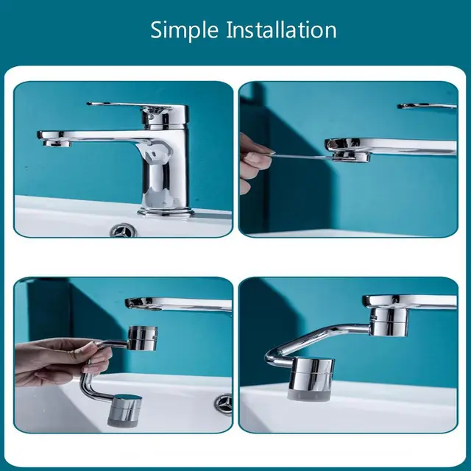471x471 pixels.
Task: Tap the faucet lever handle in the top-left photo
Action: coord(125,107)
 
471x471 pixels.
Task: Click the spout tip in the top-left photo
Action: coord(53,142)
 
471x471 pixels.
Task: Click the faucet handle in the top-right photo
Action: coord(427,107)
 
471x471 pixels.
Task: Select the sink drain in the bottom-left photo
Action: coord(222,403)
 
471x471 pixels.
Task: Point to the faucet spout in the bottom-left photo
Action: coord(177,303)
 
